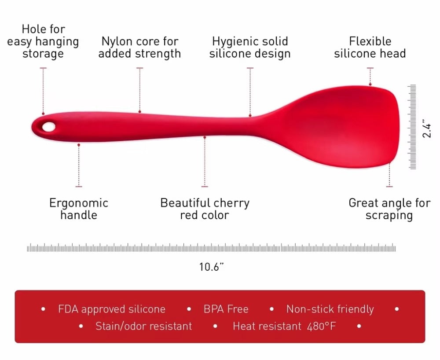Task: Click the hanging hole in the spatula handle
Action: (48, 127)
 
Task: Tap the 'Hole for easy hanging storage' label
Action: (43, 41)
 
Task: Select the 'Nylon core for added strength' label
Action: (139, 48)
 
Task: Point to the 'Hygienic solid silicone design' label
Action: (250, 48)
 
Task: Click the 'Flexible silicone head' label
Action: (370, 48)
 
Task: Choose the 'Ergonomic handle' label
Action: (78, 209)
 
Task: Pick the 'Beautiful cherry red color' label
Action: (205, 209)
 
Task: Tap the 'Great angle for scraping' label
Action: (389, 209)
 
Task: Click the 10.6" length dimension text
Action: (212, 267)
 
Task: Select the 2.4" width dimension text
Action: (426, 128)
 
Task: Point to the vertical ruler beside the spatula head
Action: (412, 127)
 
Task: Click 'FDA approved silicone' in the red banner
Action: (111, 309)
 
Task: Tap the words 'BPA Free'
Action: (226, 309)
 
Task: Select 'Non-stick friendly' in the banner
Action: (330, 309)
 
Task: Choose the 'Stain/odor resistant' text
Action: (143, 326)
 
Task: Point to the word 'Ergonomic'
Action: (78, 203)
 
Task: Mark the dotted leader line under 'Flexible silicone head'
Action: (370, 77)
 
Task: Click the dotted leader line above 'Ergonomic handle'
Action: (79, 165)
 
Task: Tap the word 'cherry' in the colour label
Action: (232, 203)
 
